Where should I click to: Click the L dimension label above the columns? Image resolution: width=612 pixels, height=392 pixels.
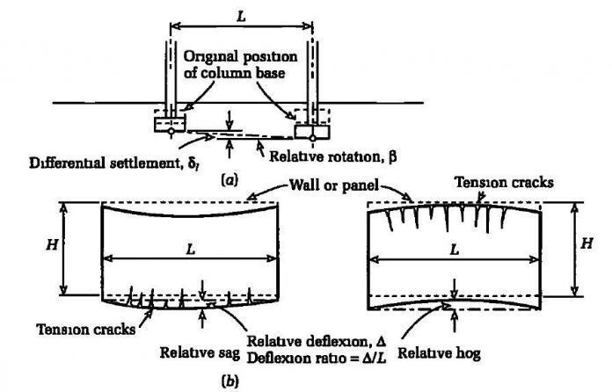[238, 11]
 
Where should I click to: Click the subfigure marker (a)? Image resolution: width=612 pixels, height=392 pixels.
[229, 179]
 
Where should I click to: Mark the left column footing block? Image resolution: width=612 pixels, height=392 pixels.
[169, 124]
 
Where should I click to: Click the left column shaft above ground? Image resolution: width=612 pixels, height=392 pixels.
[169, 70]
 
